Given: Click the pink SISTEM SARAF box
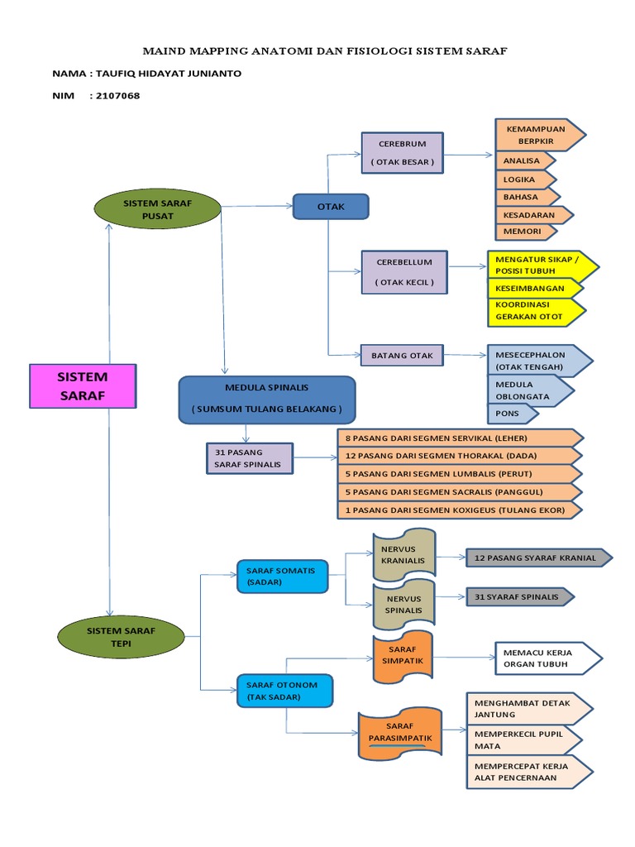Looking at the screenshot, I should tap(82, 385).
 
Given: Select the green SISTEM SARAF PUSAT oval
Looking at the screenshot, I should tap(158, 208).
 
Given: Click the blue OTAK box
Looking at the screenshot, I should tap(331, 206).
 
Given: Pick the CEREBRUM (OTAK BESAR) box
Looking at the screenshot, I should tap(402, 153).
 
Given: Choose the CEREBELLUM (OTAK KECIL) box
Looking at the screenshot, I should tap(403, 272).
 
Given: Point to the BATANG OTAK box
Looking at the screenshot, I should tap(402, 355).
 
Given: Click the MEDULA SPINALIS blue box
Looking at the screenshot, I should tap(266, 400).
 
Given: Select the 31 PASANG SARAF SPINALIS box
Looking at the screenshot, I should tap(249, 458).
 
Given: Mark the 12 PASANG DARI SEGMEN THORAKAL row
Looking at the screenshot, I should tap(459, 456).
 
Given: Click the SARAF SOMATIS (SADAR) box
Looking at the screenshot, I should tap(281, 576).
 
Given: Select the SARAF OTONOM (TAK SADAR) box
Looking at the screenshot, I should tap(283, 691).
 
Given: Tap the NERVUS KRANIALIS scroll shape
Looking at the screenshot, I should tap(403, 554).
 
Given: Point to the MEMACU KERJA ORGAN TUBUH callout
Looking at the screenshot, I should tap(546, 658).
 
